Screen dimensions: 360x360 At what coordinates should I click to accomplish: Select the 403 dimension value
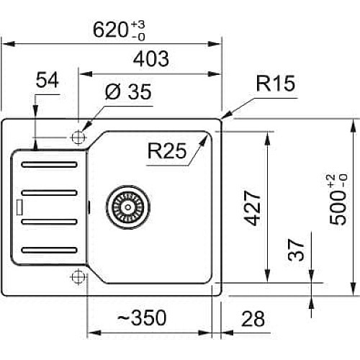pos(151,59)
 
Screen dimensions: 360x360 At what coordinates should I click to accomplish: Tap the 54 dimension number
pos(48,80)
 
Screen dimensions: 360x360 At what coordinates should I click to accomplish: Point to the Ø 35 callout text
pos(128,92)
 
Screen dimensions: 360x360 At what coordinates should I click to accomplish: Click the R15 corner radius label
pos(276,84)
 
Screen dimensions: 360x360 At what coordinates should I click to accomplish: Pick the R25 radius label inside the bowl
pos(167,150)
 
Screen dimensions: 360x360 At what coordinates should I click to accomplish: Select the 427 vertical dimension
pos(252,208)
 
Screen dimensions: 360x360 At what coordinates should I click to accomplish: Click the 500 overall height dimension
pos(338,199)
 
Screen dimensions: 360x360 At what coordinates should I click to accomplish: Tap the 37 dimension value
pos(296,250)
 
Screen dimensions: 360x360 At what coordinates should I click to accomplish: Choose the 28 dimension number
pos(253,319)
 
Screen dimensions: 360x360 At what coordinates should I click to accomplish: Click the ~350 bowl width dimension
pos(142,318)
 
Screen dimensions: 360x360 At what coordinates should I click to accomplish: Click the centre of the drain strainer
pos(128,207)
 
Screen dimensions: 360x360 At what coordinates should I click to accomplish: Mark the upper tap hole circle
pos(78,138)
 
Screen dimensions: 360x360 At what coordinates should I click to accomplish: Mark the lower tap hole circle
pos(78,276)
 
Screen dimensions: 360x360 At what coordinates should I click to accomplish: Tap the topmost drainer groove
pos(49,165)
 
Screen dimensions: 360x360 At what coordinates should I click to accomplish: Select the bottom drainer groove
pos(49,250)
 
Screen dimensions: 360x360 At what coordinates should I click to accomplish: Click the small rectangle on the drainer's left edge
pos(19,207)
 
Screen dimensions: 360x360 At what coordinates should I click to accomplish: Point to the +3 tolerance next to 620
pos(138,24)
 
